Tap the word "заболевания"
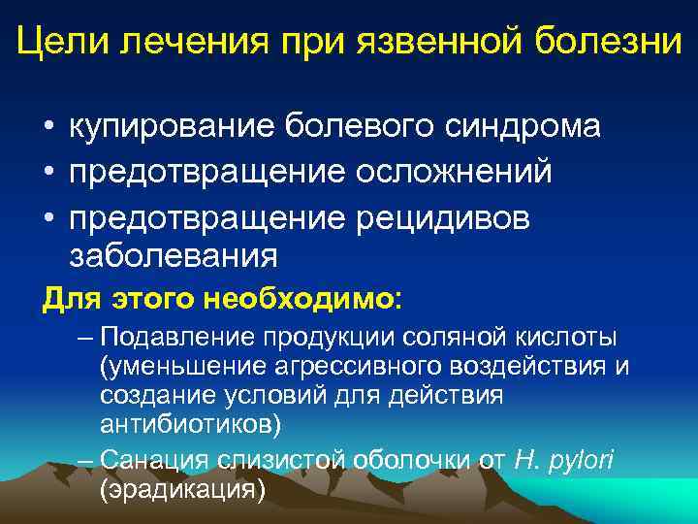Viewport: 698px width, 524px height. tap(174, 256)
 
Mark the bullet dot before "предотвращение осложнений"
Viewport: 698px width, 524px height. tap(47, 173)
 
